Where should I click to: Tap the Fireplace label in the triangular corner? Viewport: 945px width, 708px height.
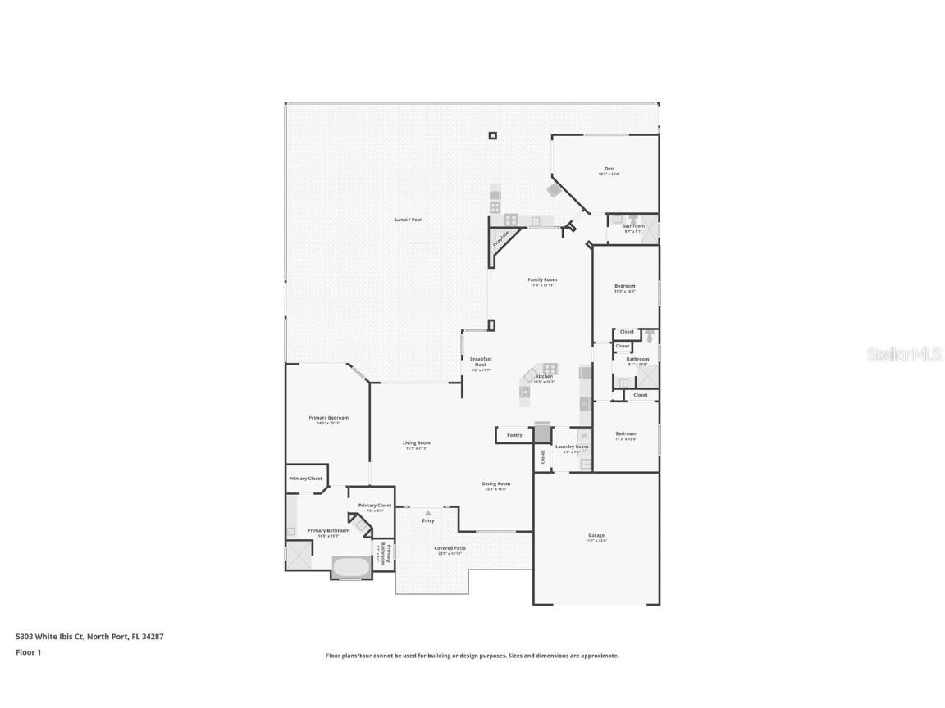coord(500,238)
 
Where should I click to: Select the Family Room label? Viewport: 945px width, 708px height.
coord(542,280)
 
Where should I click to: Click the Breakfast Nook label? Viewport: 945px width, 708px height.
coord(481,361)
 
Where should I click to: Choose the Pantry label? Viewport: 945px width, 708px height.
coord(514,435)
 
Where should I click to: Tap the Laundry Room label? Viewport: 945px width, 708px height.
coord(572,447)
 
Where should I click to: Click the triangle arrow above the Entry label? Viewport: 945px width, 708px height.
coord(427,513)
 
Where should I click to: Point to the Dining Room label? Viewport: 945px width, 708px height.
coord(495,483)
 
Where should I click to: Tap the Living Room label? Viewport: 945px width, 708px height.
coord(416,443)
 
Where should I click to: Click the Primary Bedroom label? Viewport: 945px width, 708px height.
coord(328,418)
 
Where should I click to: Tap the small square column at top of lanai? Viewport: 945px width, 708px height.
coord(492,136)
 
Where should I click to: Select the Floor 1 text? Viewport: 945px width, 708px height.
coord(28,652)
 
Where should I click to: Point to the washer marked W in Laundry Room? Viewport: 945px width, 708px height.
coord(584,436)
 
